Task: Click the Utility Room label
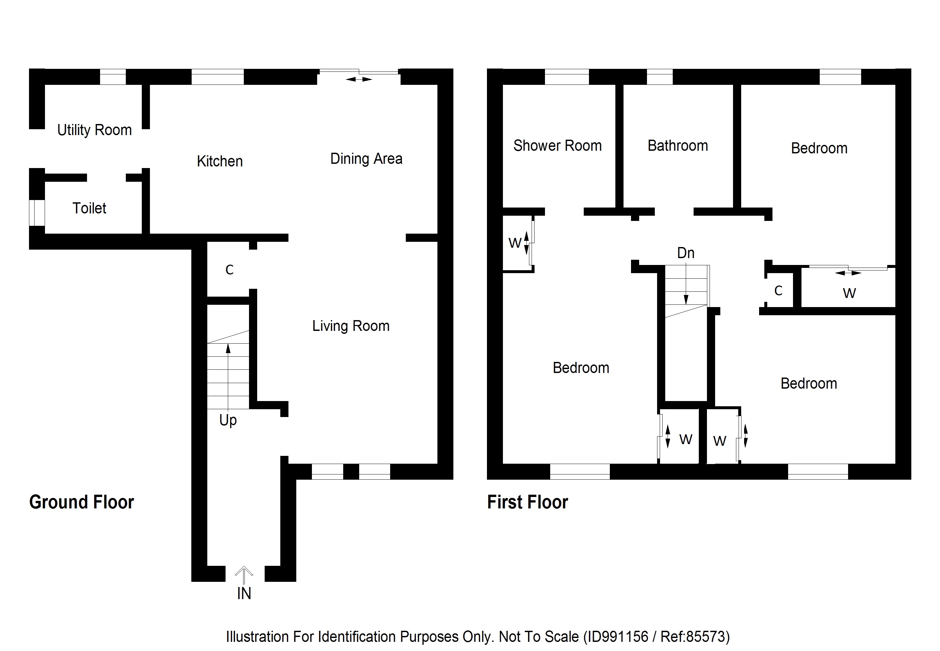[94, 130]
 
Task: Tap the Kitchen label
[220, 161]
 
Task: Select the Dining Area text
[366, 159]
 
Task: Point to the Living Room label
[350, 326]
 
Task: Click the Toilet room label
[89, 209]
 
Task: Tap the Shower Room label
[557, 146]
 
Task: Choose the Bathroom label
[678, 146]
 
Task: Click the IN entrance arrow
[244, 576]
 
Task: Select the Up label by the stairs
[228, 420]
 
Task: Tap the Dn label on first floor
[685, 253]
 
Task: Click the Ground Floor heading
[81, 502]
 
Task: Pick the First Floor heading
[527, 502]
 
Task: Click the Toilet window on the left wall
[37, 212]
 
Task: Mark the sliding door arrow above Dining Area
[359, 79]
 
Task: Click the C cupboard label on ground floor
[229, 270]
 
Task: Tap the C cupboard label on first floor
[778, 291]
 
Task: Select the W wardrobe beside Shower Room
[515, 243]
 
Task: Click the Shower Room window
[566, 77]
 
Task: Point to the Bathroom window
[660, 77]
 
